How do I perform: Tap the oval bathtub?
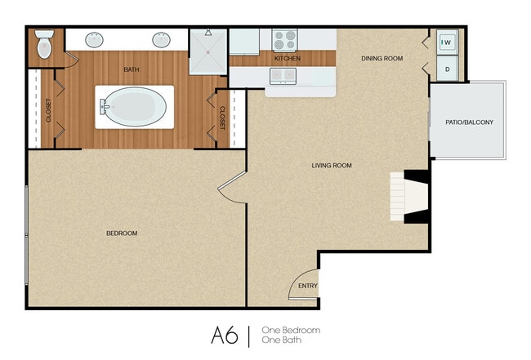click(133, 107)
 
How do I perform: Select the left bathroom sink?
click(94, 38)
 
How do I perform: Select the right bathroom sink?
click(161, 38)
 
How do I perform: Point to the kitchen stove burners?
click(284, 39)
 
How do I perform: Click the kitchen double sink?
click(283, 76)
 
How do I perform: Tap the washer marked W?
click(447, 42)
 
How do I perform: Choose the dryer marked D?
click(448, 69)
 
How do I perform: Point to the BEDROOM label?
click(122, 233)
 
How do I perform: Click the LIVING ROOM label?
click(332, 166)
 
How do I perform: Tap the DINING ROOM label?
click(382, 58)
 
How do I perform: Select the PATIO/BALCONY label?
click(469, 122)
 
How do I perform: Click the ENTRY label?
click(307, 286)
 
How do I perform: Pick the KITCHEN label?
click(287, 59)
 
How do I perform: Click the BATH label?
click(132, 69)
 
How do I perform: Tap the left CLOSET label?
click(48, 110)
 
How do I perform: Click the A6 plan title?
click(225, 335)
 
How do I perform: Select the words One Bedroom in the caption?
click(290, 330)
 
